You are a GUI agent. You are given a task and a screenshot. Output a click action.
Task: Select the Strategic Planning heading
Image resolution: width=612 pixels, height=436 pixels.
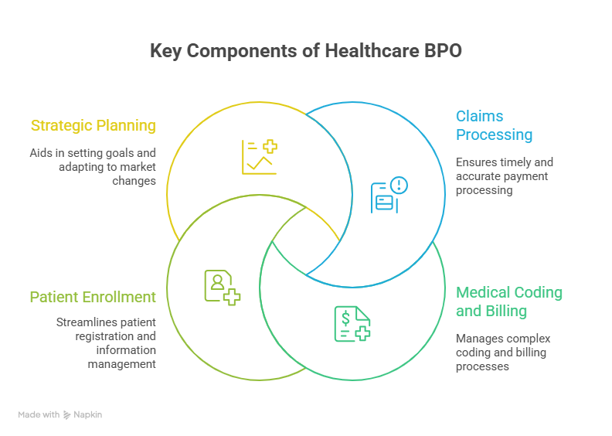tap(93, 125)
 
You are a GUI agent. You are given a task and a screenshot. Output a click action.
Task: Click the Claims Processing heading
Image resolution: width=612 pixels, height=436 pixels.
tap(494, 125)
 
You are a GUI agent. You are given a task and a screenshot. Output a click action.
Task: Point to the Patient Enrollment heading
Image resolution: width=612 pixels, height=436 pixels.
tap(93, 297)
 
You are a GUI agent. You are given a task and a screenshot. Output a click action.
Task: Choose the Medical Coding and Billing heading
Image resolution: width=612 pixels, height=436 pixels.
tap(508, 301)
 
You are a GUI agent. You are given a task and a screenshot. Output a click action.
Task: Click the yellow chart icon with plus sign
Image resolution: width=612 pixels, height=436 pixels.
tap(259, 156)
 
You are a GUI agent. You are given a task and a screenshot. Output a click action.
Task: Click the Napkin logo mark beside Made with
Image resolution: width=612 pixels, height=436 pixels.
tap(67, 415)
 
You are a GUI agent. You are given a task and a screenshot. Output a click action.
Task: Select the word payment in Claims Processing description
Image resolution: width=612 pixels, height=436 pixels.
tap(528, 176)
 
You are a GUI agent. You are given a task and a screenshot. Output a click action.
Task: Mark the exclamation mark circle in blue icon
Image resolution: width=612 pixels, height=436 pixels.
tap(399, 185)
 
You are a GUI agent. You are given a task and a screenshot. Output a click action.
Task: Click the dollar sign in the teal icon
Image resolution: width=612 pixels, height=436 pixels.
tap(345, 316)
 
